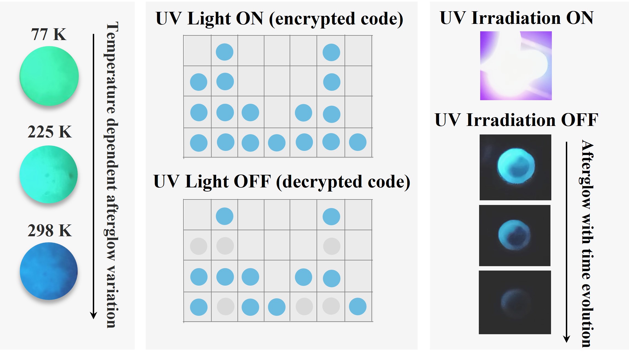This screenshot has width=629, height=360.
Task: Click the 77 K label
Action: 49,34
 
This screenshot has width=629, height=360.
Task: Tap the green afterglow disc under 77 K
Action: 49,76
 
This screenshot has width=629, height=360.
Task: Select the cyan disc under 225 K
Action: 49,174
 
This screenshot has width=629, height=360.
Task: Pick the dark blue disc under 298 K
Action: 49,271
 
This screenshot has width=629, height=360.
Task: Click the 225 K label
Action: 50,132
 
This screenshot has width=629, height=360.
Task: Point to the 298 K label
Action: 50,230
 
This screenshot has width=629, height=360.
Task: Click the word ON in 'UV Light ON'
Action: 250,18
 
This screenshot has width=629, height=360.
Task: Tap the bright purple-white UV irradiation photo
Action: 516,66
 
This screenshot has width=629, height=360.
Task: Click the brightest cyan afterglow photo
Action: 515,167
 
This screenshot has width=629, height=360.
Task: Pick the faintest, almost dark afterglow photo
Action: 515,302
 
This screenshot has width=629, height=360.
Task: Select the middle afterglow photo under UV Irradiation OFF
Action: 515,235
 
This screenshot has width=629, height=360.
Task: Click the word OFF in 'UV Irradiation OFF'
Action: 579,120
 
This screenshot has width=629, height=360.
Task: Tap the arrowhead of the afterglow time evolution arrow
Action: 566,339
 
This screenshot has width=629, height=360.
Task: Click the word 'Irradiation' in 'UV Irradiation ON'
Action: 516,18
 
